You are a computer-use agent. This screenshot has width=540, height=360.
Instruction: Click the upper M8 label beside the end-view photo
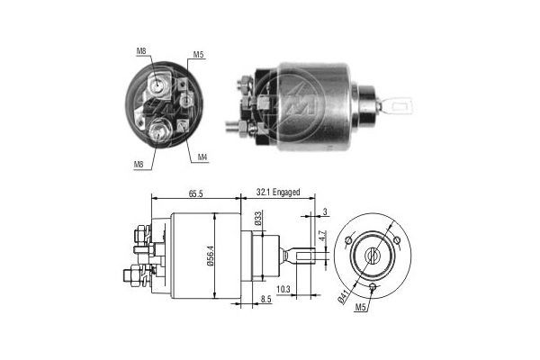[x=141, y=50]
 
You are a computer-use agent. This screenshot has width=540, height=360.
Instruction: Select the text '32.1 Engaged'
[x=278, y=193]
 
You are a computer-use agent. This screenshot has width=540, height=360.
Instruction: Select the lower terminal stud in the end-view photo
[x=159, y=131]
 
